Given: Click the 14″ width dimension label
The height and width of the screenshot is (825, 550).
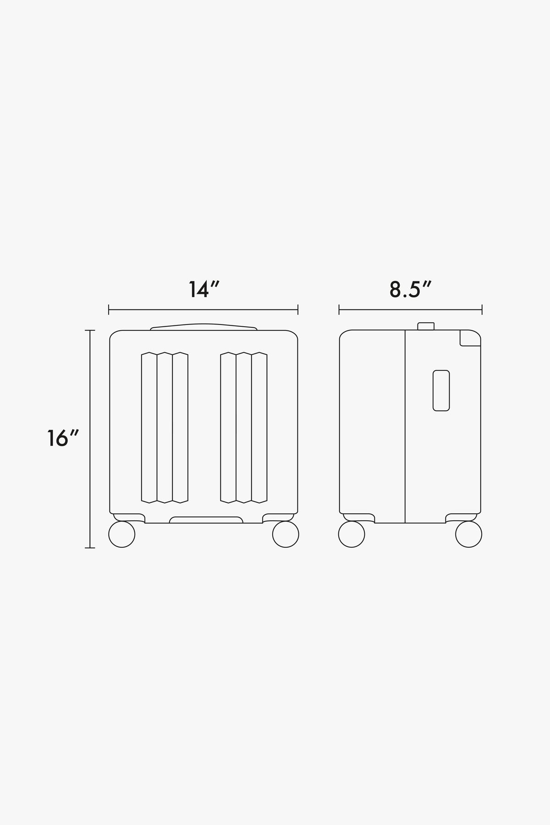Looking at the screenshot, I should coord(204,289).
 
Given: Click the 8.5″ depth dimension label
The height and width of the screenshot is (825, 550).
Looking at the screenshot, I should coord(411,289).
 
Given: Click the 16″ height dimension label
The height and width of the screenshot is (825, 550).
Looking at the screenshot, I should coord(63,438).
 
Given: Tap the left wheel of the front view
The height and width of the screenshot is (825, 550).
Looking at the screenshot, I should coord(122,534).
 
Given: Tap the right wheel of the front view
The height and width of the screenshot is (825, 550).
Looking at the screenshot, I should coord(286,534).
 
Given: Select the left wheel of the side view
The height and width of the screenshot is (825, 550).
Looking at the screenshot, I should coord(352,534).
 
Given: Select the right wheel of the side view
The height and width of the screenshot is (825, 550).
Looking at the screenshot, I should coord(468,534).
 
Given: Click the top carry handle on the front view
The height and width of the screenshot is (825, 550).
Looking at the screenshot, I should coord(203,327).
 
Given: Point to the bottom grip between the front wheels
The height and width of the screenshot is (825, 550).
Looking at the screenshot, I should coord(206,519).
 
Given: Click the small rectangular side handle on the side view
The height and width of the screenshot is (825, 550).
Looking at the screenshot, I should coord(441,390).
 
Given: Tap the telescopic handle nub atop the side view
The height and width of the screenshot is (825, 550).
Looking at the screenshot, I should coord(426,326).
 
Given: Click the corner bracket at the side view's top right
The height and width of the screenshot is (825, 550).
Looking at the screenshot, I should coord(469,338).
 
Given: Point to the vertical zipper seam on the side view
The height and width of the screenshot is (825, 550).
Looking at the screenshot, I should coord(405,426).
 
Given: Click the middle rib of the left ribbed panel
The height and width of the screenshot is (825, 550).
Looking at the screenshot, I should coord(165,427).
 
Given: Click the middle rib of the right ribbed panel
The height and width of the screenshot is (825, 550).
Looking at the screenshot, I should coord(244,427).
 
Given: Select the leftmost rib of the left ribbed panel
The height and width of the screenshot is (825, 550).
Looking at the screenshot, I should coord(149,427).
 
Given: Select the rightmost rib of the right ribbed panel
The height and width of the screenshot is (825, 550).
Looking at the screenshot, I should coord(259,427).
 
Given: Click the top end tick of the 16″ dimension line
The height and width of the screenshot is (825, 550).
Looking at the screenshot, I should coord(90,330).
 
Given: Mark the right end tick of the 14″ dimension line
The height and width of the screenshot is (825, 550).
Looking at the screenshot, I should coord(298,310).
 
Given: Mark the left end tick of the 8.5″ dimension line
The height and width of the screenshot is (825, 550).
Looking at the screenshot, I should coord(339,310).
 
